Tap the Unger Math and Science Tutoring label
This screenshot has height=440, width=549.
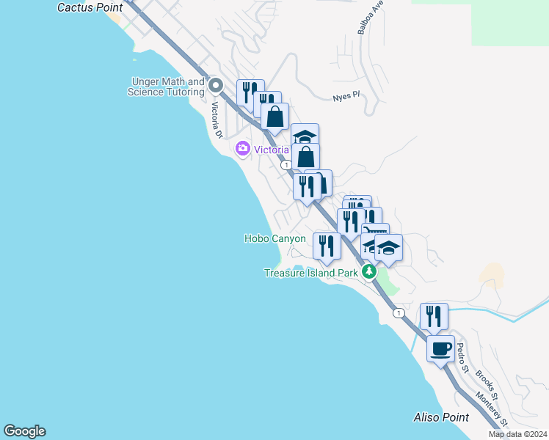(x=167, y=87)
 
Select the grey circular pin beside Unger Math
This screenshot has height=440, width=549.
(x=216, y=87)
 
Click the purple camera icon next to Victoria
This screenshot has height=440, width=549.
(x=243, y=150)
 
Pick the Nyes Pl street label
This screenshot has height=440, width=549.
(x=346, y=96)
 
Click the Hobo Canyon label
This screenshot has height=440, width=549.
(x=274, y=239)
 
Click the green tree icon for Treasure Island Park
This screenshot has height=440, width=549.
(x=369, y=272)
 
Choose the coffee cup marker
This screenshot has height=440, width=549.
(x=440, y=349)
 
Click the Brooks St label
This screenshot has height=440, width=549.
(x=487, y=386)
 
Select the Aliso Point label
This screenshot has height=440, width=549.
(x=440, y=418)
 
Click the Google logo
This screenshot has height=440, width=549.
(x=24, y=431)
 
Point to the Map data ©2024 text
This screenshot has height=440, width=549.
(x=518, y=434)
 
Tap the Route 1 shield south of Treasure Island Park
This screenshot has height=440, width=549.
(x=398, y=313)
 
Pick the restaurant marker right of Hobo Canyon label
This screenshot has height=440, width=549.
(x=326, y=246)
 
